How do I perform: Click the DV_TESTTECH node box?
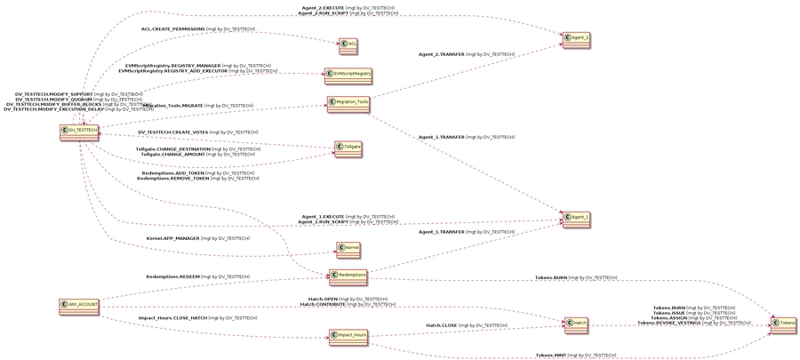(79, 132)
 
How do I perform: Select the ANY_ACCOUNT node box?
(79, 305)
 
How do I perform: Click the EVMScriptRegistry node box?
(348, 74)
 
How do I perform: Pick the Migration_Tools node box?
(348, 103)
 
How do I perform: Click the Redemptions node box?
(348, 276)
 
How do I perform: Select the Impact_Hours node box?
(348, 335)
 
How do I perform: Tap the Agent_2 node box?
(576, 39)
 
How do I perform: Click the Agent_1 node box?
(576, 217)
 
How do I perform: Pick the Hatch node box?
(576, 325)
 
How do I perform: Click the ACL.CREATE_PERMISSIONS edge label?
(197, 29)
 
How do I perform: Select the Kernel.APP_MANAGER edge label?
(197, 238)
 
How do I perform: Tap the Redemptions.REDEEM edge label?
(197, 276)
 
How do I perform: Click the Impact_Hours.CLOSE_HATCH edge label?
(197, 317)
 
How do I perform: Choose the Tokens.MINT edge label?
(575, 355)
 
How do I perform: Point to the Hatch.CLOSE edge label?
(466, 325)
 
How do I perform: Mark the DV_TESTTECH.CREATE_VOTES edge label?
(197, 132)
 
